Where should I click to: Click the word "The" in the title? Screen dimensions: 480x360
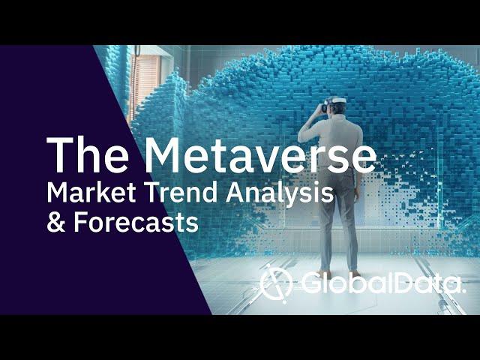(88, 155)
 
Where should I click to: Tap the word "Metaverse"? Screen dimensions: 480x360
(260, 155)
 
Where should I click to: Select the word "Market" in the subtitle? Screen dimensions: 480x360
(91, 193)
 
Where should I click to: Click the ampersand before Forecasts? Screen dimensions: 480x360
(56, 222)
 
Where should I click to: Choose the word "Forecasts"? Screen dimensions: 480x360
(136, 222)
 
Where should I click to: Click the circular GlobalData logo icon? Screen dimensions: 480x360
(275, 283)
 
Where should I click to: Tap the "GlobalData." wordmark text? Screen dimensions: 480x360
(383, 283)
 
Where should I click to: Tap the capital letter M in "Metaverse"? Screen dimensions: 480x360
(162, 155)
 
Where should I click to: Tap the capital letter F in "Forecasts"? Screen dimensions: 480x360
(80, 222)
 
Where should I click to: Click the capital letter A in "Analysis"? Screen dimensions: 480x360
(235, 193)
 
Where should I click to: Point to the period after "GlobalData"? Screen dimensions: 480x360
(463, 292)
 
